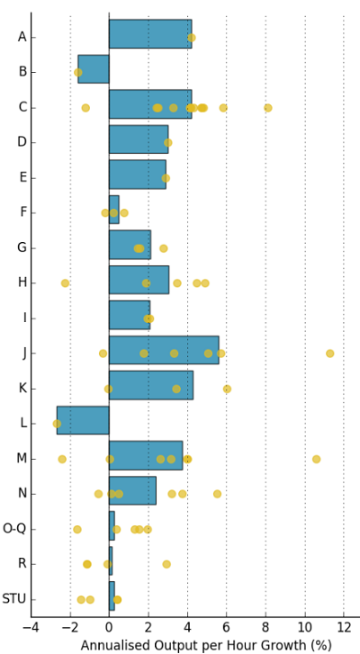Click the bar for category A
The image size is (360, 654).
[149, 34]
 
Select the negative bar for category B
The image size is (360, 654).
[94, 69]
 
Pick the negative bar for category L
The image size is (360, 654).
[83, 420]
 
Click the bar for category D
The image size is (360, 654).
[138, 139]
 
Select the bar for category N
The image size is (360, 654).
[132, 490]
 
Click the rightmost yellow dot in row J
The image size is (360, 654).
[330, 354]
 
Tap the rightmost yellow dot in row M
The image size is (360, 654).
[316, 459]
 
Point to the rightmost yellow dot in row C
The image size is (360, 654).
[267, 108]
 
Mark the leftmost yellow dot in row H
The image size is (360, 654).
[65, 283]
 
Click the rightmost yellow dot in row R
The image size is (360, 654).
[166, 564]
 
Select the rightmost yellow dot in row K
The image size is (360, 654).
[227, 389]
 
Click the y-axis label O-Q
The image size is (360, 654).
[14, 528]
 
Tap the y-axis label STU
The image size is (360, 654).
[13, 598]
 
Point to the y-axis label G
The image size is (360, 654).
[22, 247]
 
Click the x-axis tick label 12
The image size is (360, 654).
[344, 626]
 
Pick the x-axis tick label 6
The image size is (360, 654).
[227, 626]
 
